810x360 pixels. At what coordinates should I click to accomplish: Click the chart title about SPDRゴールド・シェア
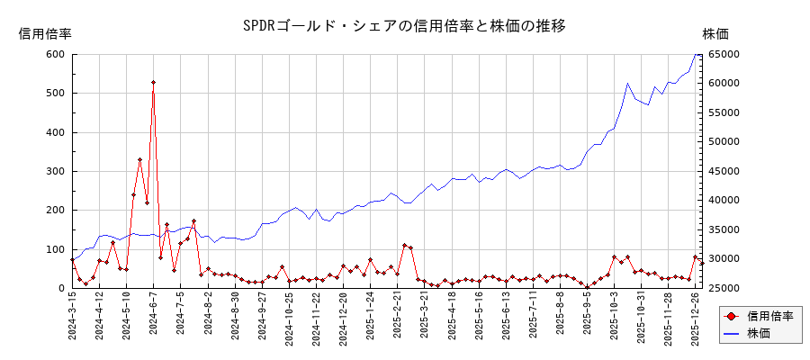coord(404,25)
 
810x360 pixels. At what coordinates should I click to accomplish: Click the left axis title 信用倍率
coord(45,34)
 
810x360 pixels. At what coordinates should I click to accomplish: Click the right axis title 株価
coord(715,34)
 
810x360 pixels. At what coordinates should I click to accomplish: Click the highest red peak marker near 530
coord(153,83)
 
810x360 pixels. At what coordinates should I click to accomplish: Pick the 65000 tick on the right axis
coord(724,54)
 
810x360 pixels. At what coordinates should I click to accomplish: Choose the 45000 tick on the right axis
coord(724,171)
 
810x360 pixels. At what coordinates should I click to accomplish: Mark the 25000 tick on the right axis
coord(724,288)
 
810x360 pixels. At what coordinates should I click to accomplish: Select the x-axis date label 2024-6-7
coord(153,318)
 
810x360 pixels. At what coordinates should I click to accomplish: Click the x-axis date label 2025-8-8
coord(560,318)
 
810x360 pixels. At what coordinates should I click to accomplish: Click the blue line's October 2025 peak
coord(628,83)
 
